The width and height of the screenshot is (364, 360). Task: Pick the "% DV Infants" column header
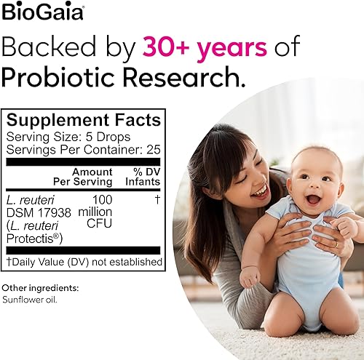point(138,176)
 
